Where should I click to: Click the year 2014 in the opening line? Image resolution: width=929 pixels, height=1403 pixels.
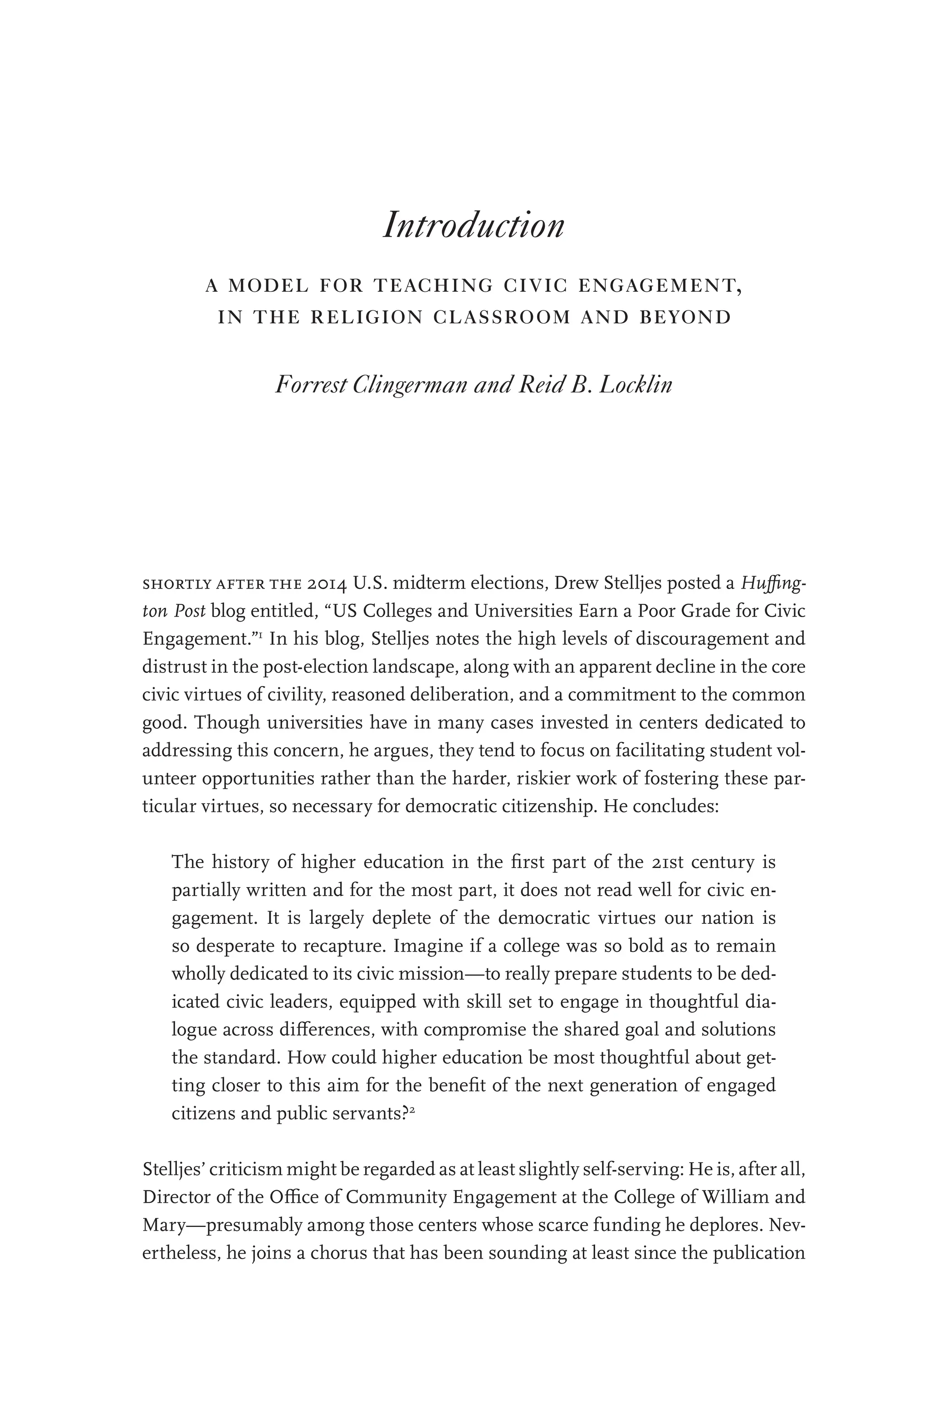coord(328,584)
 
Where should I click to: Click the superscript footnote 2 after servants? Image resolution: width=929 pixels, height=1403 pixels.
coord(411,1110)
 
